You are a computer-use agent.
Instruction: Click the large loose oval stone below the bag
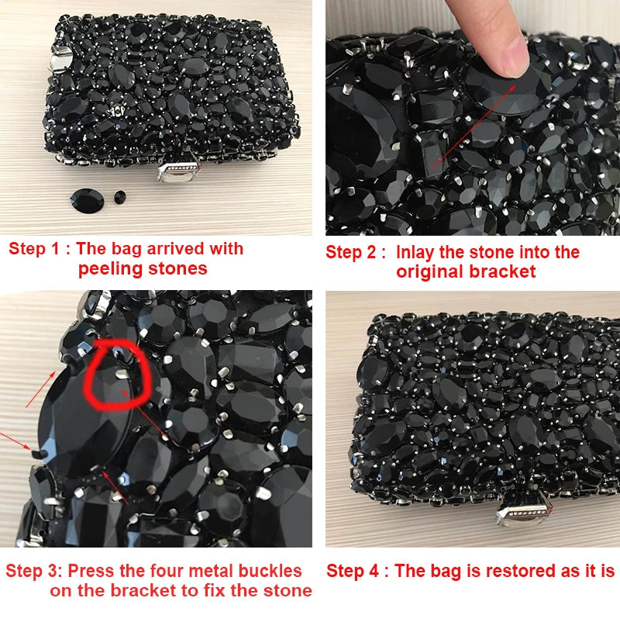pyautogui.click(x=88, y=201)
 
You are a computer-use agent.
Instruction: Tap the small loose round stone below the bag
pyautogui.click(x=119, y=197)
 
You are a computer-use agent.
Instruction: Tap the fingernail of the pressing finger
pyautogui.click(x=515, y=56)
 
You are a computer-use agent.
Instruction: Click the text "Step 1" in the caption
pyautogui.click(x=34, y=249)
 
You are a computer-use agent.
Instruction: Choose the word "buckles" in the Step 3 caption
pyautogui.click(x=269, y=572)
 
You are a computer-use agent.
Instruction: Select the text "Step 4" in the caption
pyautogui.click(x=353, y=572)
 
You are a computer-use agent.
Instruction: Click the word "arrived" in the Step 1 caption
pyautogui.click(x=176, y=249)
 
